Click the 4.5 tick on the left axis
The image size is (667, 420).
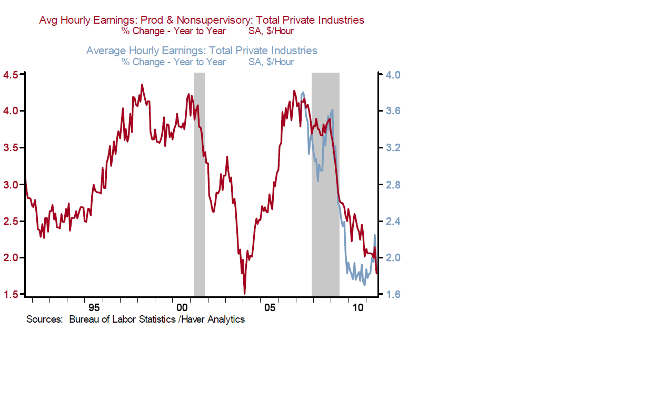click(12, 75)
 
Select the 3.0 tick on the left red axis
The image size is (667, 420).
click(12, 185)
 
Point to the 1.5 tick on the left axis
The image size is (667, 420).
click(12, 294)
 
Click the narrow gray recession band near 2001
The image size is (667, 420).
click(200, 184)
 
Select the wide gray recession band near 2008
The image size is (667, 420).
click(325, 184)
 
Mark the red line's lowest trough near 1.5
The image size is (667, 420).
click(245, 293)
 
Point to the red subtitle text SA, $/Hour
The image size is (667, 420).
click(271, 31)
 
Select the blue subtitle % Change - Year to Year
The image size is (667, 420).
click(174, 62)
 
